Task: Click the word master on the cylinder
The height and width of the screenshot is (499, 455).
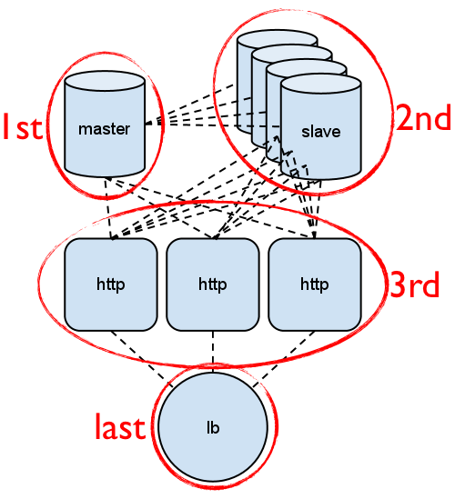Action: click(x=105, y=128)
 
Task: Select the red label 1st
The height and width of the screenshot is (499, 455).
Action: click(x=22, y=127)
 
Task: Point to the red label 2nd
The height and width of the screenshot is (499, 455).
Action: click(x=423, y=119)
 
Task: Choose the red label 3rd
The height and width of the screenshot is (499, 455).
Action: click(x=415, y=284)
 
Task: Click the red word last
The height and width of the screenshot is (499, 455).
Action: click(x=120, y=426)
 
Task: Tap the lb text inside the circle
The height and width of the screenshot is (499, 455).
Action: click(x=213, y=427)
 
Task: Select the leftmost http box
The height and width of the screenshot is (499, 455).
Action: click(x=110, y=284)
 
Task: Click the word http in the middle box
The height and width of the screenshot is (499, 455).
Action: click(x=212, y=284)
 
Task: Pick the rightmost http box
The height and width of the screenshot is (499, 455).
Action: click(x=314, y=284)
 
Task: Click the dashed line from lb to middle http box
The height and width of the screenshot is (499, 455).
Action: click(x=213, y=351)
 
